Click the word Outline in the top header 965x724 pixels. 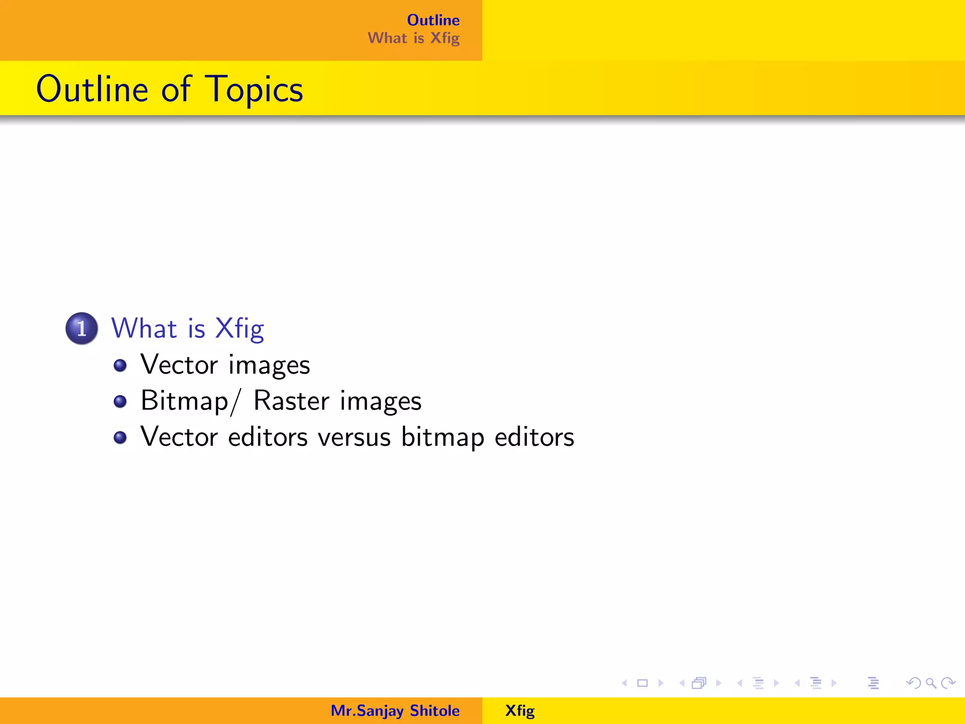point(433,20)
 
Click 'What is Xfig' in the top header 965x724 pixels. point(413,38)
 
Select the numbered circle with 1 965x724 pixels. point(82,329)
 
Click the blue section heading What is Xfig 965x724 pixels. point(188,329)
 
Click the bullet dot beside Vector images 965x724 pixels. point(120,365)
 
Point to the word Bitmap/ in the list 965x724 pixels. point(190,402)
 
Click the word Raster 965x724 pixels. point(291,401)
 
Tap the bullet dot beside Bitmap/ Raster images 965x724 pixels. point(120,402)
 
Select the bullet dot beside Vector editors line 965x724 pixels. point(120,438)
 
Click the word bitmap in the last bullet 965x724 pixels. point(442,437)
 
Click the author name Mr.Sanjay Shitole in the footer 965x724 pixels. point(395,711)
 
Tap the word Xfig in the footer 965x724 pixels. point(520,711)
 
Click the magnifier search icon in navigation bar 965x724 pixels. point(931,683)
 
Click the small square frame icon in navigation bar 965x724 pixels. point(642,683)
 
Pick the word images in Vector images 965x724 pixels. point(269,366)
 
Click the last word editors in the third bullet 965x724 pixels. point(534,437)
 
